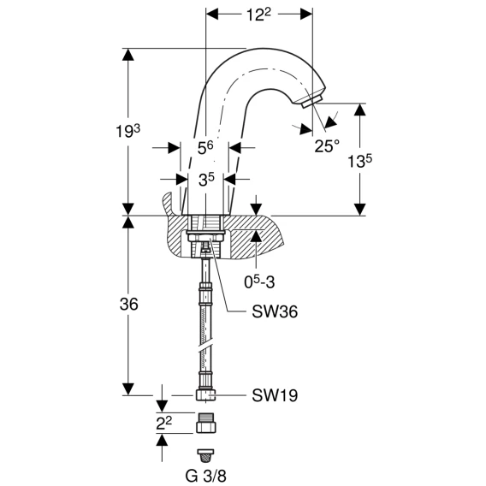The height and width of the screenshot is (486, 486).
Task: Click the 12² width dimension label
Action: point(258,15)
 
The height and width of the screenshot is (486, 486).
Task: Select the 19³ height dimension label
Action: point(127,131)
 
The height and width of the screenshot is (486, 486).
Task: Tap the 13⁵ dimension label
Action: point(359,161)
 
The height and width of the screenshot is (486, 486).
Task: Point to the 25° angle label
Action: point(327,145)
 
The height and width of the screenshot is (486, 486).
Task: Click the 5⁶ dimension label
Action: point(205,148)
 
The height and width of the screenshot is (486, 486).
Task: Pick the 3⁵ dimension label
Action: point(206,180)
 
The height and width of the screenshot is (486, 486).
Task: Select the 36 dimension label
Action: point(129,305)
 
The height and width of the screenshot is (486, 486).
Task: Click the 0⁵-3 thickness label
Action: point(259,282)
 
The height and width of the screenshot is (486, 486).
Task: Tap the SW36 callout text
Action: point(275,311)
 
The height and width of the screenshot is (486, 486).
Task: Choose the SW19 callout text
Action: point(275,395)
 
